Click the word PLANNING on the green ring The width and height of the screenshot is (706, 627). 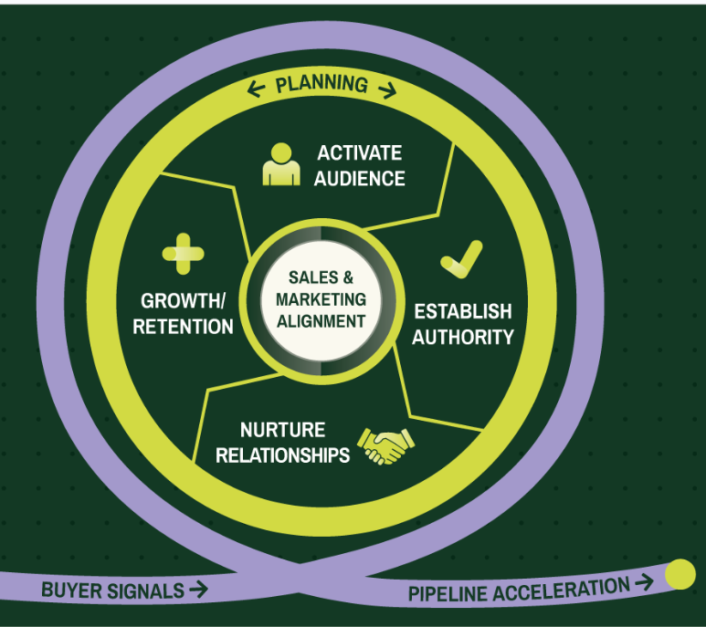tap(321, 86)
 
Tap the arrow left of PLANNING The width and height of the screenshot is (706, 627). tap(257, 89)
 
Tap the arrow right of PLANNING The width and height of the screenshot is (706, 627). tap(386, 89)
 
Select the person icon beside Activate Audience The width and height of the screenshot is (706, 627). tap(280, 164)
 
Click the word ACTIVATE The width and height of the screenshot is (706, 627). tap(359, 153)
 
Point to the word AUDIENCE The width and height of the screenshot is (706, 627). tap(359, 178)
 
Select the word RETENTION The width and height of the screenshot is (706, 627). tap(183, 326)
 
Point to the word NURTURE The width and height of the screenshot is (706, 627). tap(282, 430)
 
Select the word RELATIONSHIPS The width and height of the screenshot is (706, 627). tap(282, 455)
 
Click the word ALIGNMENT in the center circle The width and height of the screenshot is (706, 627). tap(326, 320)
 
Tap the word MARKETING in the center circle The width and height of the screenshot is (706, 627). tap(326, 298)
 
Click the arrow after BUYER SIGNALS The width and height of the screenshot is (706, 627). tap(197, 590)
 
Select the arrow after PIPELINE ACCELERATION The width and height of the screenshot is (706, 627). tap(644, 582)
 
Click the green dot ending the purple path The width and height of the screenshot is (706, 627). tap(680, 574)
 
